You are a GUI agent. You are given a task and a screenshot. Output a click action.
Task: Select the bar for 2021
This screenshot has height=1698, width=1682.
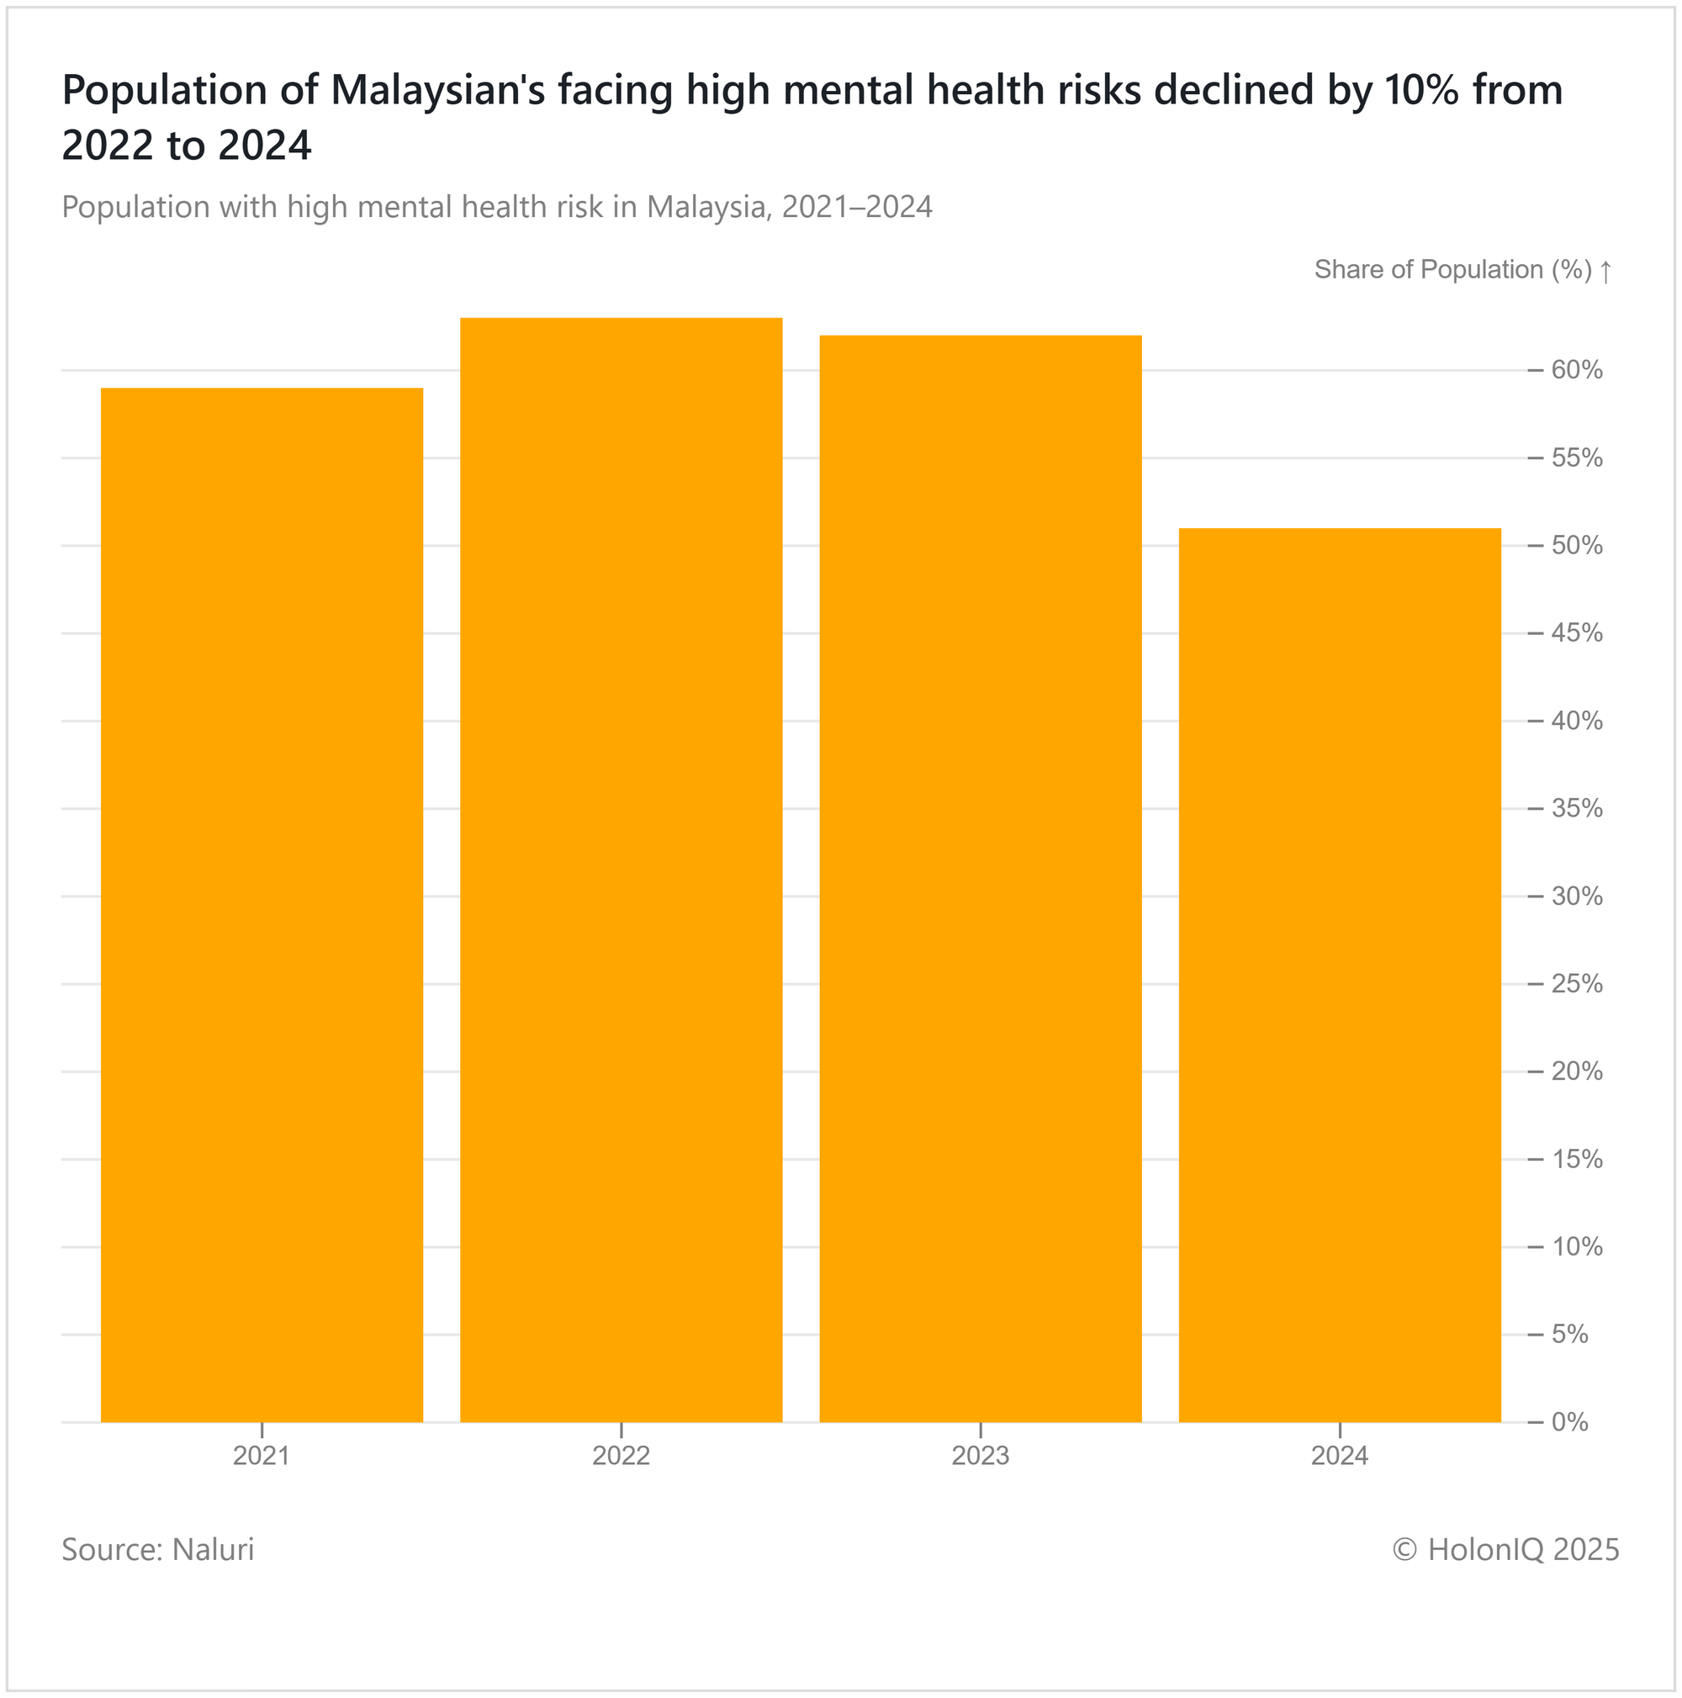(262, 904)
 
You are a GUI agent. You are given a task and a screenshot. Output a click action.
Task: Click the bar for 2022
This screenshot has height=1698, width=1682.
(621, 870)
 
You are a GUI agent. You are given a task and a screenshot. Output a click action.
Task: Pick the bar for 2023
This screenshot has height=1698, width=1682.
(980, 878)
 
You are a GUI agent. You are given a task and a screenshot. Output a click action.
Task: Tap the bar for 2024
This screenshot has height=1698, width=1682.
(1339, 975)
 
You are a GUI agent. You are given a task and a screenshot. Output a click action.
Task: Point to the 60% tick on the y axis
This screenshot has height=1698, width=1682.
(1577, 370)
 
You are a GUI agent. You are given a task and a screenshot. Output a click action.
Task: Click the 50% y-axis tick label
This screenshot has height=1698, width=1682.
(1577, 546)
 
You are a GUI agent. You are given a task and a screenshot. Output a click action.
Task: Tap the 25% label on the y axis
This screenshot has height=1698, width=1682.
(1577, 983)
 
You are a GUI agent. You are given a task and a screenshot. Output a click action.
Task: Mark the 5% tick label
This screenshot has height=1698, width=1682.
(1569, 1334)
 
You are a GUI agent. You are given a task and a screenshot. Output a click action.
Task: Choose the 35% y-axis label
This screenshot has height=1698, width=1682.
(1577, 808)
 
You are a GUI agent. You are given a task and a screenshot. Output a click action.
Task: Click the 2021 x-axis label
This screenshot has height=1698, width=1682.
(261, 1457)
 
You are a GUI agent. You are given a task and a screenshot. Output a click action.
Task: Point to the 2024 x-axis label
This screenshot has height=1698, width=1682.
(1339, 1457)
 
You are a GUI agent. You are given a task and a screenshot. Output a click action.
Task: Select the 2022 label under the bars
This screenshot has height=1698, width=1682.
(621, 1457)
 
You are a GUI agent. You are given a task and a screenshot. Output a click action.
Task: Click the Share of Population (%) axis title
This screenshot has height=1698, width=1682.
(1452, 270)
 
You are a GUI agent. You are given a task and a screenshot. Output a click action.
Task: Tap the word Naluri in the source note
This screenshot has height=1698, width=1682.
(213, 1549)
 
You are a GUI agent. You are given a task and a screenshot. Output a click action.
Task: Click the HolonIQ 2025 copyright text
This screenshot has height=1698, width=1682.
(1505, 1549)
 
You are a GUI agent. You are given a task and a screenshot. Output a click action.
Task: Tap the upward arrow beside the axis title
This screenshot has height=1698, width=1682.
(1605, 271)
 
